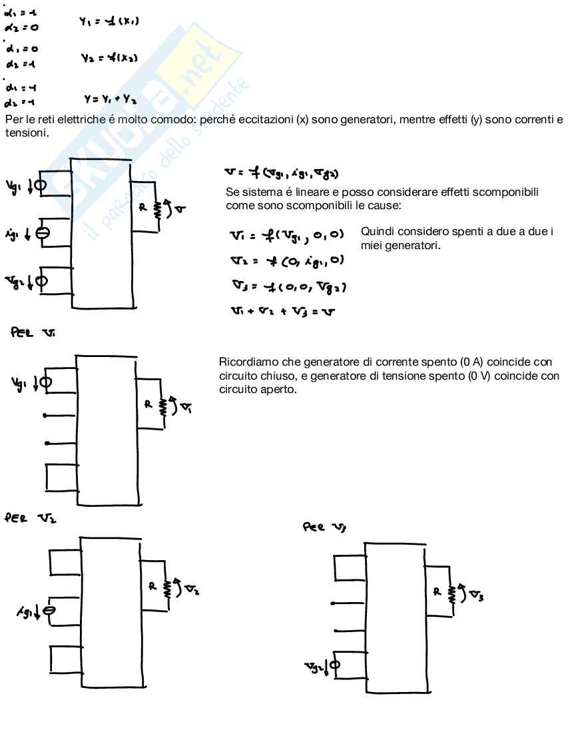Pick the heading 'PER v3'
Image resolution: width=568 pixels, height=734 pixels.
(x=326, y=528)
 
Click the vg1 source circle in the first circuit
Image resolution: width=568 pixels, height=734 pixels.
(x=40, y=185)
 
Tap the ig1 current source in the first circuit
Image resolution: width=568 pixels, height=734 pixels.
(x=41, y=232)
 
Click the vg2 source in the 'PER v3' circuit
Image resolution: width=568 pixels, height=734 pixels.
(x=335, y=664)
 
